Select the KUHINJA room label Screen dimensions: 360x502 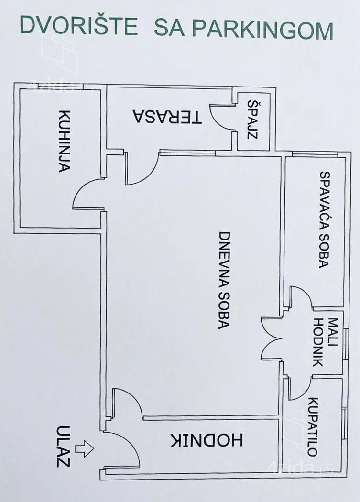point(65,141)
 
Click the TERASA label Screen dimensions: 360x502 point(167,117)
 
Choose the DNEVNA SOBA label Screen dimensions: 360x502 point(224,280)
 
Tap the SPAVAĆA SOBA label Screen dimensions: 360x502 point(325,219)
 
